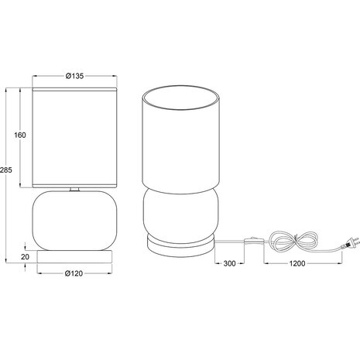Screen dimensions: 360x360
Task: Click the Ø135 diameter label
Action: pos(74,75)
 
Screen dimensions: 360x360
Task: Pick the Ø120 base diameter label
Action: pos(74,273)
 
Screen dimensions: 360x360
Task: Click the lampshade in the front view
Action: pos(75,138)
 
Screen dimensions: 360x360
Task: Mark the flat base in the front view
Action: pos(75,254)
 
